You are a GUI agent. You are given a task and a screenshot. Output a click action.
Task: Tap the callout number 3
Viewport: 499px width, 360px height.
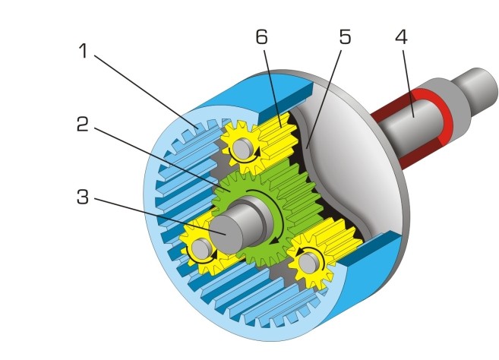83,198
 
